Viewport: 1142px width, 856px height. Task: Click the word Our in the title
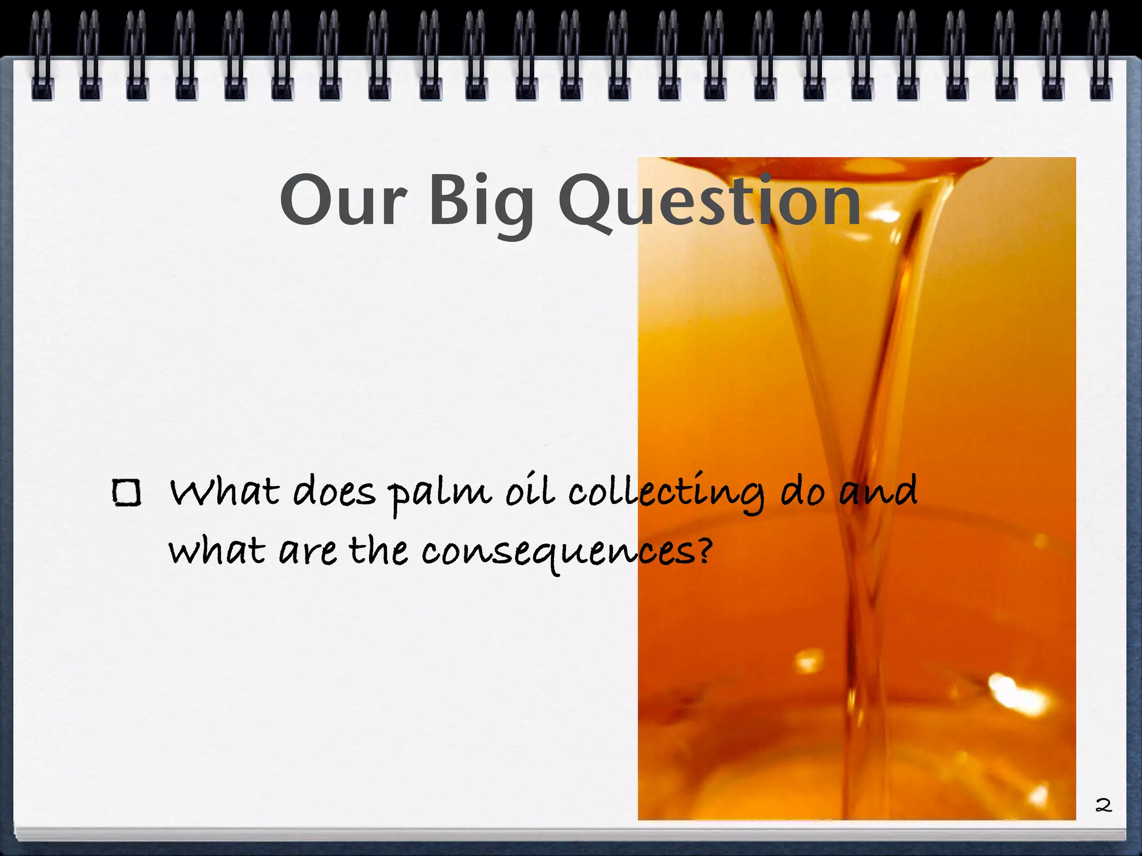(342, 201)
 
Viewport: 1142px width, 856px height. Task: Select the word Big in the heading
(481, 203)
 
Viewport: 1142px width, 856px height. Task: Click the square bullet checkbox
(126, 493)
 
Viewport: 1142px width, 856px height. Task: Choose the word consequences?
(567, 552)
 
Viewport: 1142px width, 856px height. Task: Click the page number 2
(1104, 805)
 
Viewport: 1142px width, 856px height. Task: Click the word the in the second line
(379, 551)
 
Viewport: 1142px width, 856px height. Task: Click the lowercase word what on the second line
(216, 551)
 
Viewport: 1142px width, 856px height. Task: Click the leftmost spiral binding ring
(42, 56)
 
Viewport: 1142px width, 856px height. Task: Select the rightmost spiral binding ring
(1100, 56)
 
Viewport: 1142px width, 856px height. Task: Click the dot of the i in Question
(766, 177)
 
